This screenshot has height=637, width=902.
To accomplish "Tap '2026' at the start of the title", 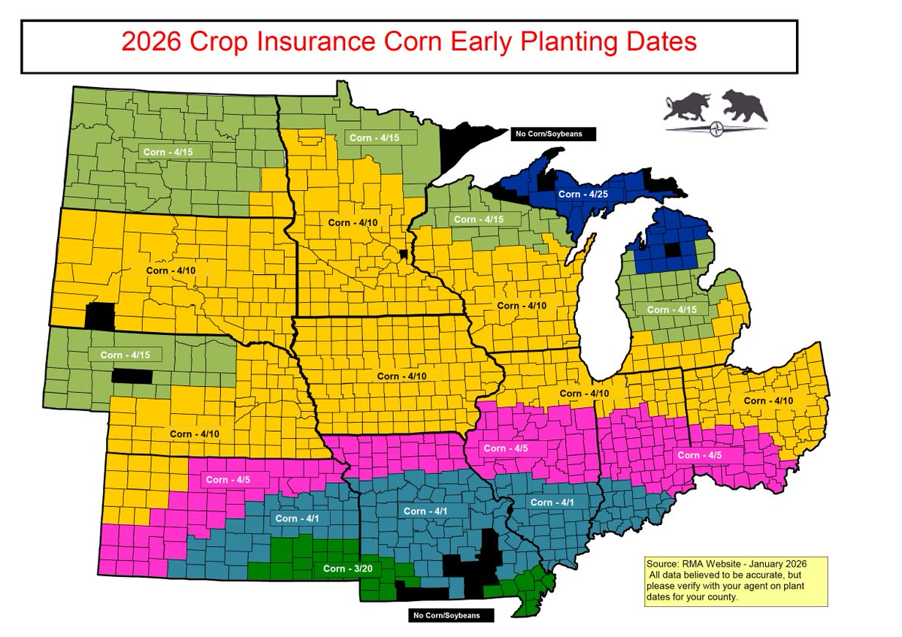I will pyautogui.click(x=148, y=41).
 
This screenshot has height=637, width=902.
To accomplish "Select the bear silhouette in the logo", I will pyautogui.click(x=744, y=106).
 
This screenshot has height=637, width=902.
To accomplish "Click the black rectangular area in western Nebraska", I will pyautogui.click(x=132, y=376).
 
